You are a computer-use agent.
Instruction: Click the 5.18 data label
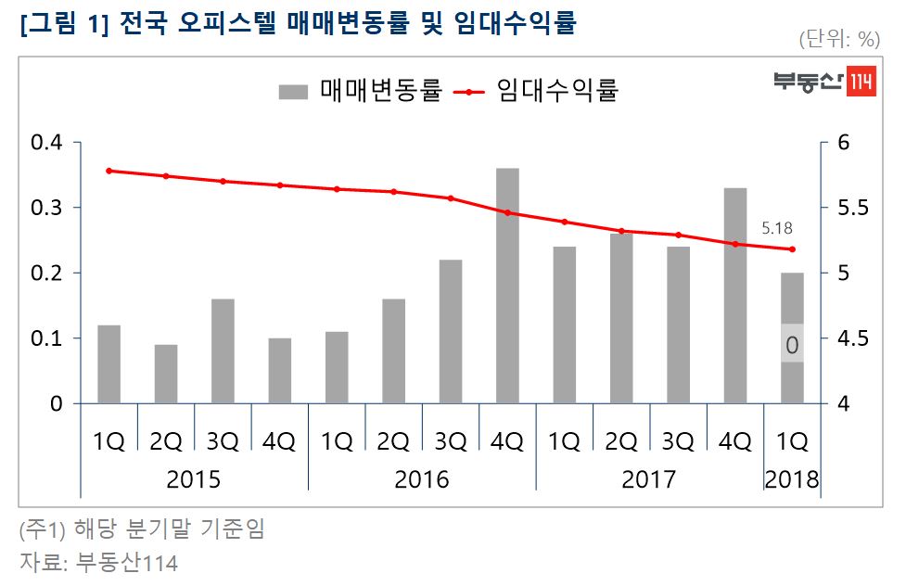click(x=777, y=227)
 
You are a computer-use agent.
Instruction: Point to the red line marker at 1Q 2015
click(x=109, y=171)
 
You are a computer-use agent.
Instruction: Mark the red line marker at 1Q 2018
click(x=792, y=249)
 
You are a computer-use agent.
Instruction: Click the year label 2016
click(x=422, y=479)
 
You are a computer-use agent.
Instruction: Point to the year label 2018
click(x=792, y=479)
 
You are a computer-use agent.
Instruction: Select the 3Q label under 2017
click(x=678, y=442)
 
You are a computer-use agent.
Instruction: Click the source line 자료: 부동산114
click(x=98, y=562)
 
